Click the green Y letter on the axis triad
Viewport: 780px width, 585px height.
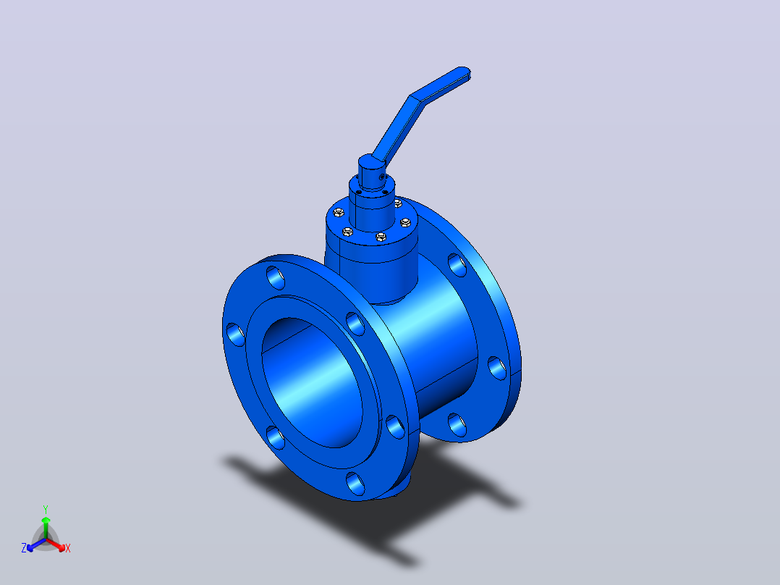[x=46, y=509]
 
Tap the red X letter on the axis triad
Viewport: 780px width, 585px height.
[x=68, y=548]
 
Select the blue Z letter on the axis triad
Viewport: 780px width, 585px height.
[x=24, y=548]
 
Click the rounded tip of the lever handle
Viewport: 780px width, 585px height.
[x=465, y=72]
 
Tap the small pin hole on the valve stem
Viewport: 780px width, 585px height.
[x=382, y=177]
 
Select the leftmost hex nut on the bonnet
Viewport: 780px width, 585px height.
[x=339, y=213]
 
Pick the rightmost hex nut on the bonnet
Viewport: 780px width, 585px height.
[x=406, y=222]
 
